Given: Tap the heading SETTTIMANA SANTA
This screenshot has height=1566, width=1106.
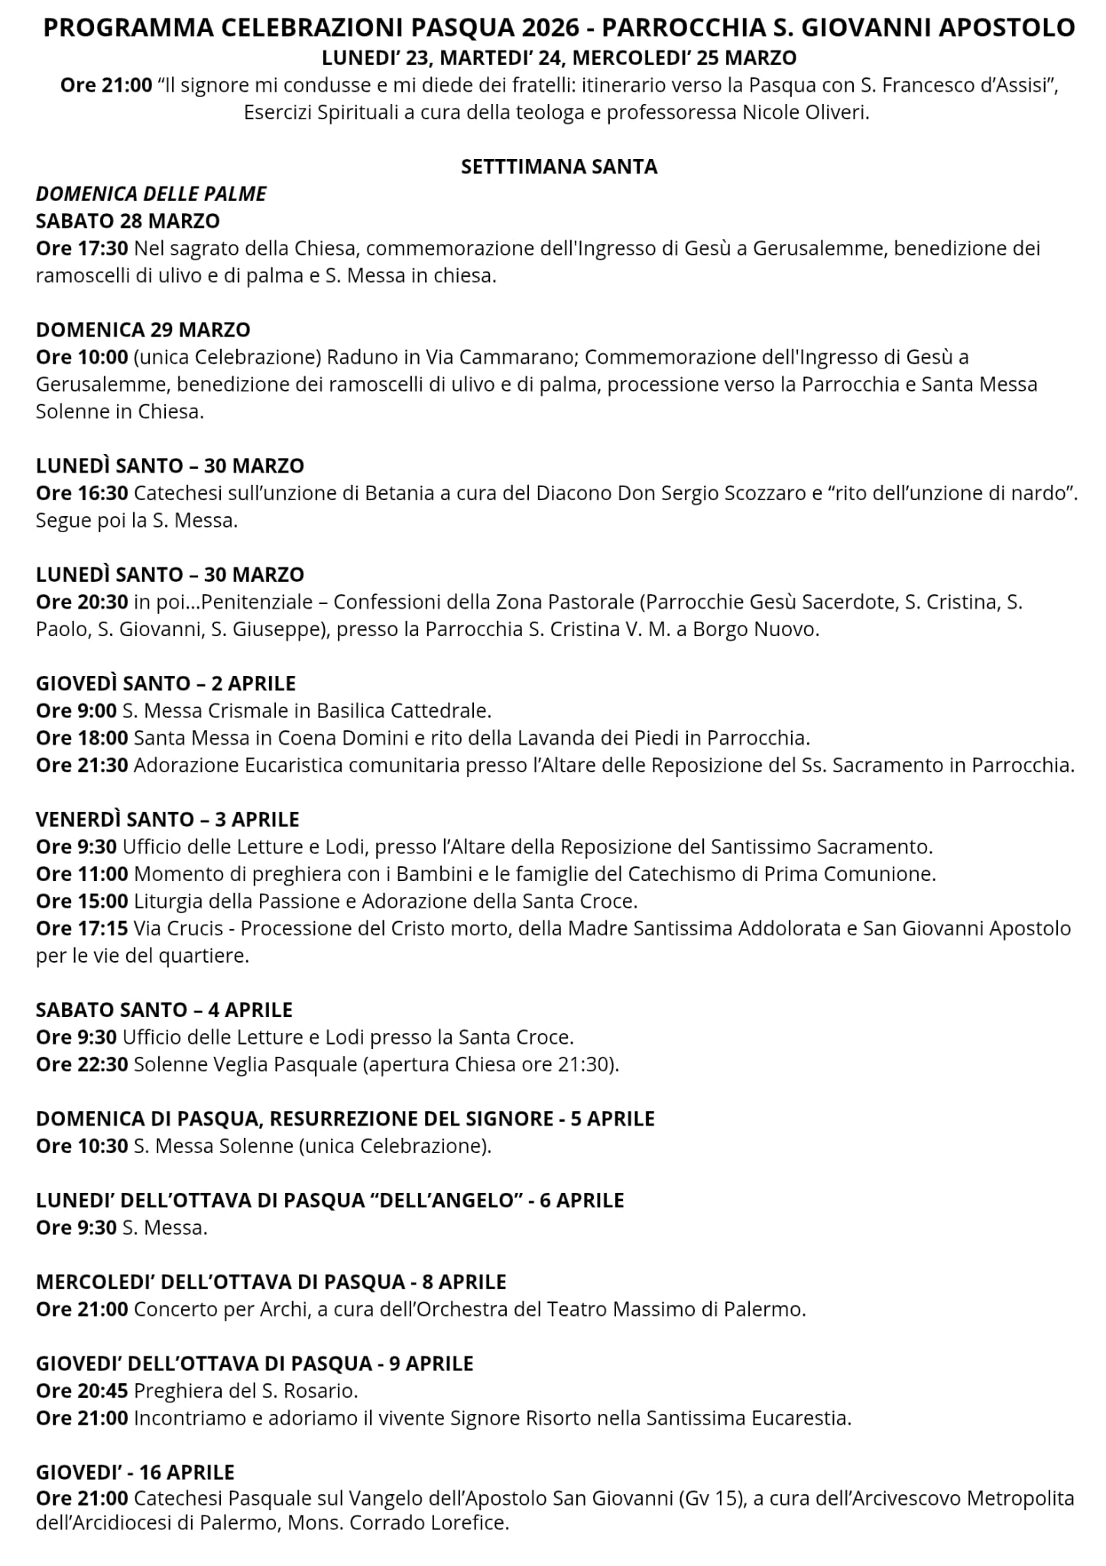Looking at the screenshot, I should coord(559,167).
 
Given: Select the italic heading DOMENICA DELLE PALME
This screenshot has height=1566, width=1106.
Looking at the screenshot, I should coord(151,194).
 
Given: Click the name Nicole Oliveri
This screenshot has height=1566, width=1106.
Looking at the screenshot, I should coord(806,113).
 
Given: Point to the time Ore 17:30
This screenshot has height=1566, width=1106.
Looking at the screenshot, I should coord(82,249).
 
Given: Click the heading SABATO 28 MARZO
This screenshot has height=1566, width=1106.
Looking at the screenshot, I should coord(128,221).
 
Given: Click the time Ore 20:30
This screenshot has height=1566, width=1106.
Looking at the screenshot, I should coord(82,602).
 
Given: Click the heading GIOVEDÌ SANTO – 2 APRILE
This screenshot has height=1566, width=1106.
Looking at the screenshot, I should coord(166,684).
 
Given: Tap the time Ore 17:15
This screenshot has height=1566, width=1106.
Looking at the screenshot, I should coord(82,928).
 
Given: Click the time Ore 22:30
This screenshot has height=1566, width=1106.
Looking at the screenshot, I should coord(82,1064).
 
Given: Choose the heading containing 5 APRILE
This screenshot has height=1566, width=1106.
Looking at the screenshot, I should coord(345,1119).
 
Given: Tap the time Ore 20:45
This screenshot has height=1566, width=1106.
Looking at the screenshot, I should coord(82,1390).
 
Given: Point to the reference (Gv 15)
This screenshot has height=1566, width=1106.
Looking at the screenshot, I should coord(711,1499).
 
